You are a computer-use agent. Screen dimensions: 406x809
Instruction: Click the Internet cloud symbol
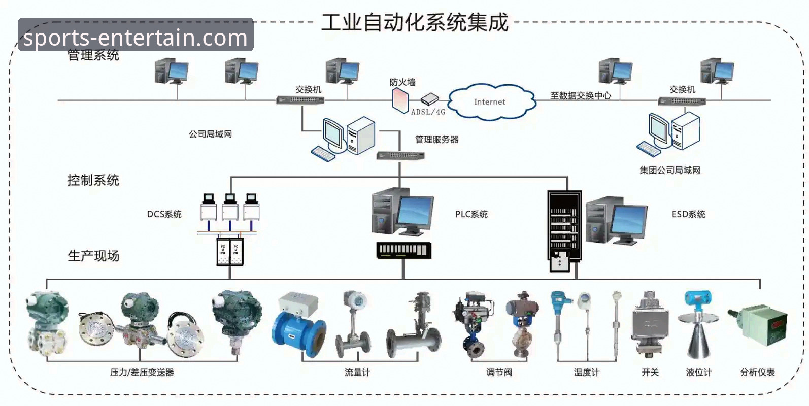pos(490,102)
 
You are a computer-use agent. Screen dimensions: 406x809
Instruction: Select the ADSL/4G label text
pos(428,112)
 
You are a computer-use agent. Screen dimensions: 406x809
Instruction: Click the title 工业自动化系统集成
pos(415,23)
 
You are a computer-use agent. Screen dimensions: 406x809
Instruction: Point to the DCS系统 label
pos(164,214)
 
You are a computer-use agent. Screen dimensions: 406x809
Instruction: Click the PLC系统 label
pos(471,214)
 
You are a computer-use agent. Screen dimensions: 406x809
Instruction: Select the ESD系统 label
pos(688,214)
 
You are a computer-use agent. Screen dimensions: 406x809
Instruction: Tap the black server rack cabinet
pos(564,228)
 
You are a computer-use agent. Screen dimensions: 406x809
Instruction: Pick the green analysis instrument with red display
pos(759,325)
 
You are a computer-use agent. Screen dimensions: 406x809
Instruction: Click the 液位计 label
pos(698,373)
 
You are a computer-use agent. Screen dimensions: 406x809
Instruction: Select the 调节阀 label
pos(499,373)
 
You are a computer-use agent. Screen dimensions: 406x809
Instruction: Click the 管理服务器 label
pos(436,140)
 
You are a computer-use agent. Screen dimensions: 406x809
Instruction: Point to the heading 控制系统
pos(93,180)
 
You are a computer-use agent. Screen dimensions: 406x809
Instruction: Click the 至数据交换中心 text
pos(581,95)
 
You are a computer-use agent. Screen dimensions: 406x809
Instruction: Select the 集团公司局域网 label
pos(669,171)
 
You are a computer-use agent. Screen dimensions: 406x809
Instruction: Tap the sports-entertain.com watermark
pos(136,37)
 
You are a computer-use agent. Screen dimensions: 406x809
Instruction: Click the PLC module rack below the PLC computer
pos(403,250)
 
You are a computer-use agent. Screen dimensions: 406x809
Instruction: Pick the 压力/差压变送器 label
pos(142,373)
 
